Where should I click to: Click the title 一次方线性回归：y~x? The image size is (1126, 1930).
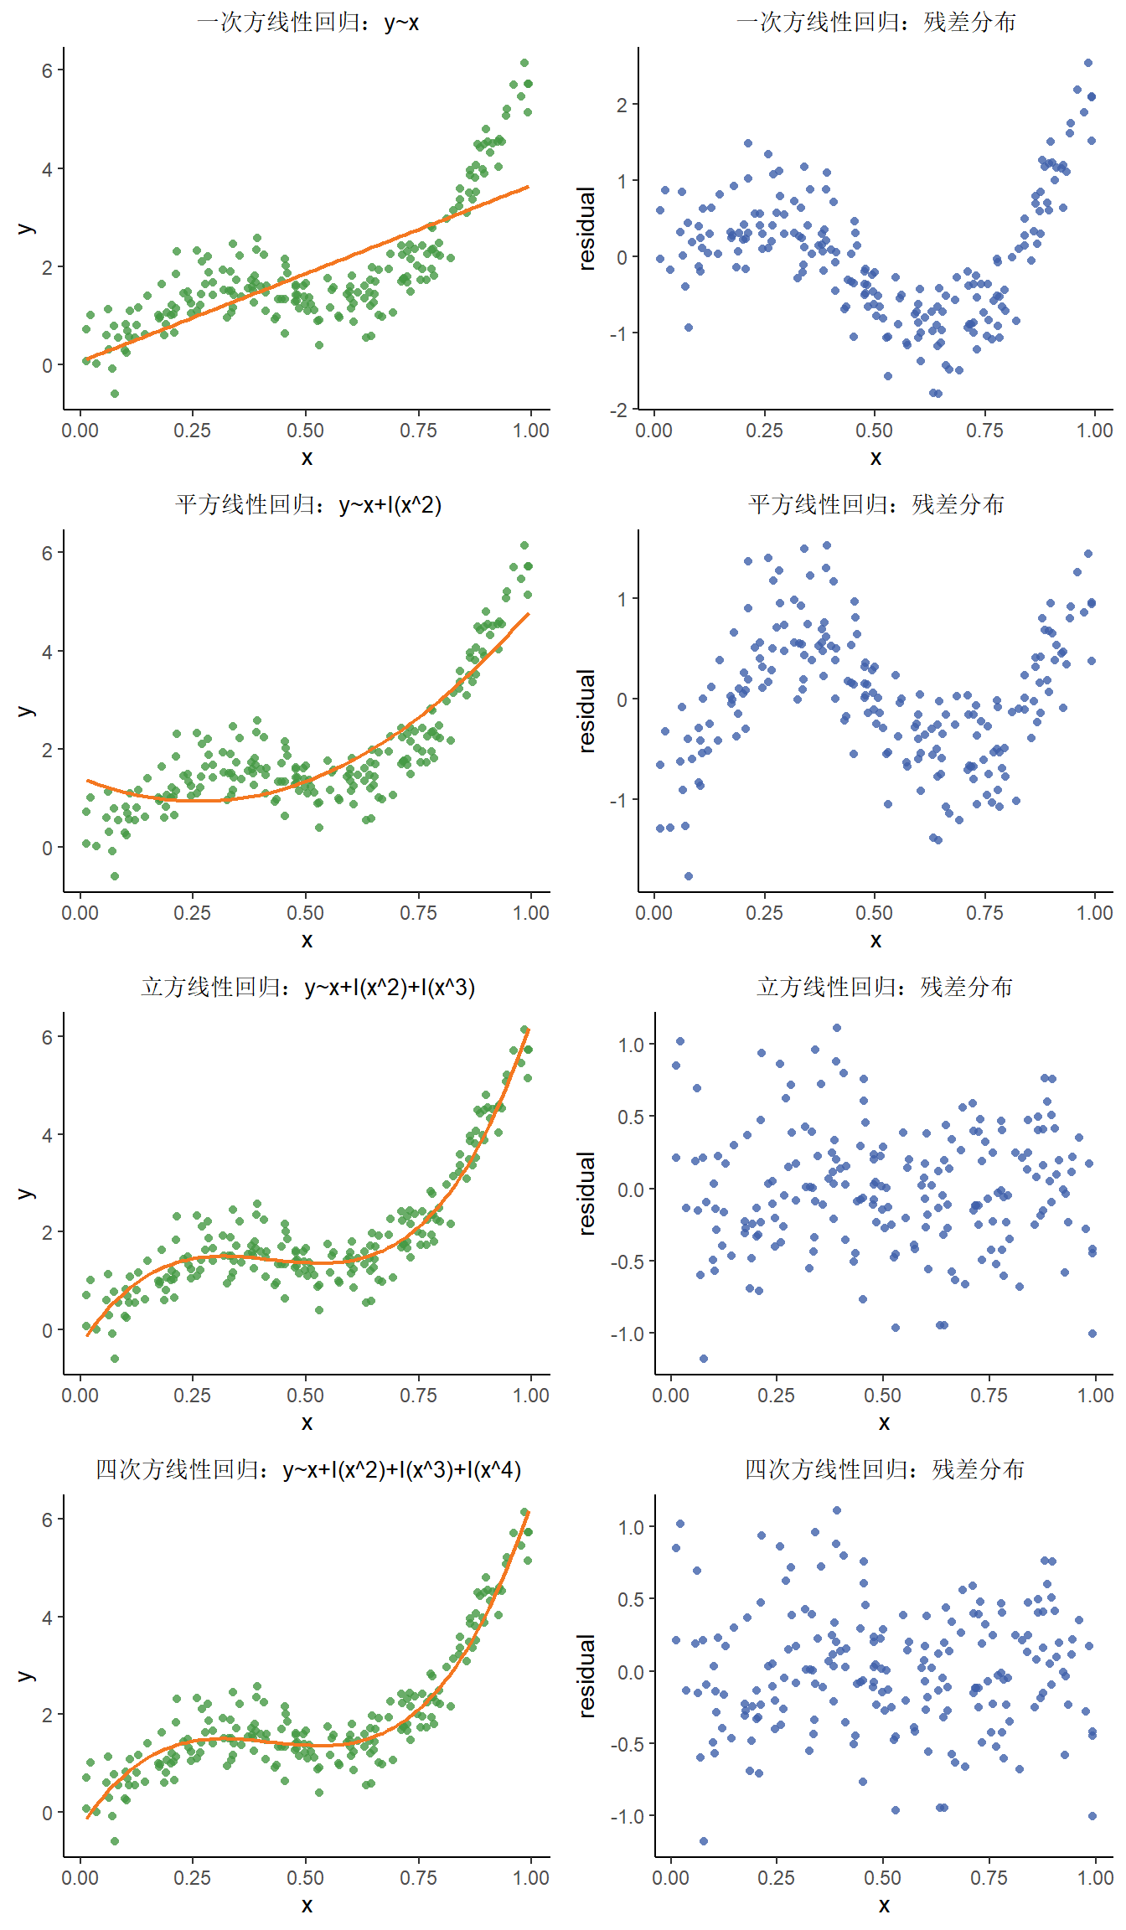[307, 23]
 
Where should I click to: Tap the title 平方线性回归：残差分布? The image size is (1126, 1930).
[875, 505]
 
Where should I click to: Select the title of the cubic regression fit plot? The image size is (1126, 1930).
[307, 988]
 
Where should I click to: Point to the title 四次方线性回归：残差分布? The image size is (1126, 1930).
[884, 1470]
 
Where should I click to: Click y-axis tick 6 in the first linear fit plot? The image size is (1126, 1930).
[48, 71]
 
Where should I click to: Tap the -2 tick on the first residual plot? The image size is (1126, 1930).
[619, 410]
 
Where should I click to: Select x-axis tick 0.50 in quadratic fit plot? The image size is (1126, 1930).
[305, 913]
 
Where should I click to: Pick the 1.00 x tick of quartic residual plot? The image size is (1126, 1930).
[1095, 1878]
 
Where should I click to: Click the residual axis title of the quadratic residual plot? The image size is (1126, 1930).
[587, 711]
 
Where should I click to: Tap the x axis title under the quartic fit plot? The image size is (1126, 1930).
[307, 1905]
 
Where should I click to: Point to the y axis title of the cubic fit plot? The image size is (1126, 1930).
[25, 1194]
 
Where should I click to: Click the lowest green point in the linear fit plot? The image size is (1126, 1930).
[115, 394]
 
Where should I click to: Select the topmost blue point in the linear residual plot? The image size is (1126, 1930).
[1088, 63]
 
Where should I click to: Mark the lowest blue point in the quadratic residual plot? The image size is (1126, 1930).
[689, 876]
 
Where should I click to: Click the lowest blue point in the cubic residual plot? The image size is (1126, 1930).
[704, 1359]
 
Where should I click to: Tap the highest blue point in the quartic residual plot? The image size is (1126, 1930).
[837, 1510]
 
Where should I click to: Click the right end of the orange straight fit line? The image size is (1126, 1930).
[528, 187]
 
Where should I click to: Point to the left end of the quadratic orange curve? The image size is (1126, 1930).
[87, 781]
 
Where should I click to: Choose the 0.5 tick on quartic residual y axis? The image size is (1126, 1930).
[632, 1599]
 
